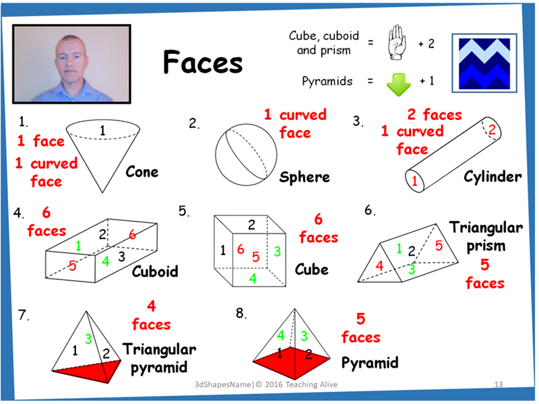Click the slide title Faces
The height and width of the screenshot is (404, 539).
tap(202, 63)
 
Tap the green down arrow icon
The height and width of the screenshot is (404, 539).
tap(398, 83)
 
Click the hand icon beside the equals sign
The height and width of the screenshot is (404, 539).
tap(398, 43)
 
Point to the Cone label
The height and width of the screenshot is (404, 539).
tap(142, 172)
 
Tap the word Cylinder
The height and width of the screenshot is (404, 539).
tap(493, 177)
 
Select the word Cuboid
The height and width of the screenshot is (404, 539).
tap(155, 272)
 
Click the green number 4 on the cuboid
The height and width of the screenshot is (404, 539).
tap(106, 261)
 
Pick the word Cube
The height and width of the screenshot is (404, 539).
tap(311, 269)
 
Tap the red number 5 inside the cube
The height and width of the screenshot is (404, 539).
tap(256, 257)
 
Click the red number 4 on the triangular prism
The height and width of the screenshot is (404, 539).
tap(380, 265)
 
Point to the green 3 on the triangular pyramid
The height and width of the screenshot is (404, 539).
tap(88, 338)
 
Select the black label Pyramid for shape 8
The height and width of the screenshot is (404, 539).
tap(369, 364)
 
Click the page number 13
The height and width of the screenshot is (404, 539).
tap(499, 384)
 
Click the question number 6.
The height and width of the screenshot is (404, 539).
tap(370, 210)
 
